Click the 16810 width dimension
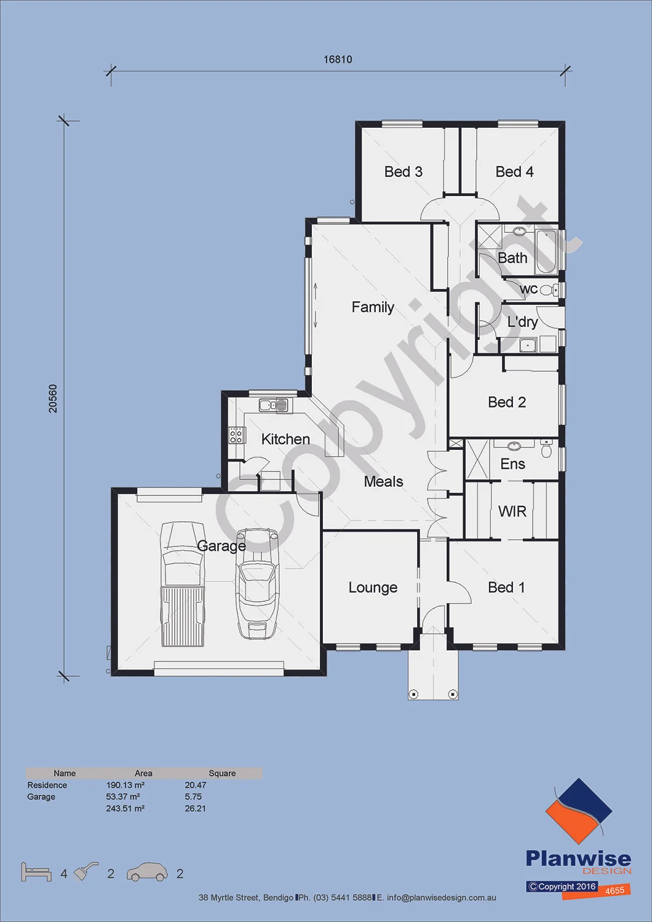click(x=338, y=59)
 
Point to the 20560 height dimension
click(x=53, y=398)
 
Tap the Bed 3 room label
click(x=404, y=171)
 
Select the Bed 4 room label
click(x=514, y=171)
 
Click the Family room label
click(x=373, y=307)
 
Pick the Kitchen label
click(x=285, y=439)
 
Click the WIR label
click(x=512, y=511)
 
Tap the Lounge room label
click(x=373, y=588)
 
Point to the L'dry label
click(x=522, y=322)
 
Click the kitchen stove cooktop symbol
click(x=236, y=435)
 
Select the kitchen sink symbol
click(x=274, y=406)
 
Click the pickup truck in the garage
click(x=183, y=585)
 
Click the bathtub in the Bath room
click(x=547, y=251)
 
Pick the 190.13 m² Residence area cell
click(x=125, y=785)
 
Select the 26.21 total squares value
click(x=195, y=808)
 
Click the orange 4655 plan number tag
click(x=614, y=890)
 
